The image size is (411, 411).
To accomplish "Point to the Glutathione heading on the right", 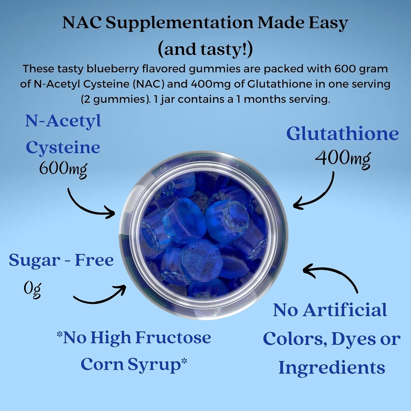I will tap(342, 134).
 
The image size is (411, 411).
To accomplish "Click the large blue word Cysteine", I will tap(63, 147).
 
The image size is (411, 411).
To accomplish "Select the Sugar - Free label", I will tap(61, 260).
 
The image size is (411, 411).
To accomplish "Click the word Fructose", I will tap(173, 338).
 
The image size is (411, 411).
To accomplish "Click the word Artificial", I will tap(346, 310).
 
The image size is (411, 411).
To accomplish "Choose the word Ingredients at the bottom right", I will tap(332, 368).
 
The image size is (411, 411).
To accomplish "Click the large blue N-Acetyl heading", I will tap(63, 121).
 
